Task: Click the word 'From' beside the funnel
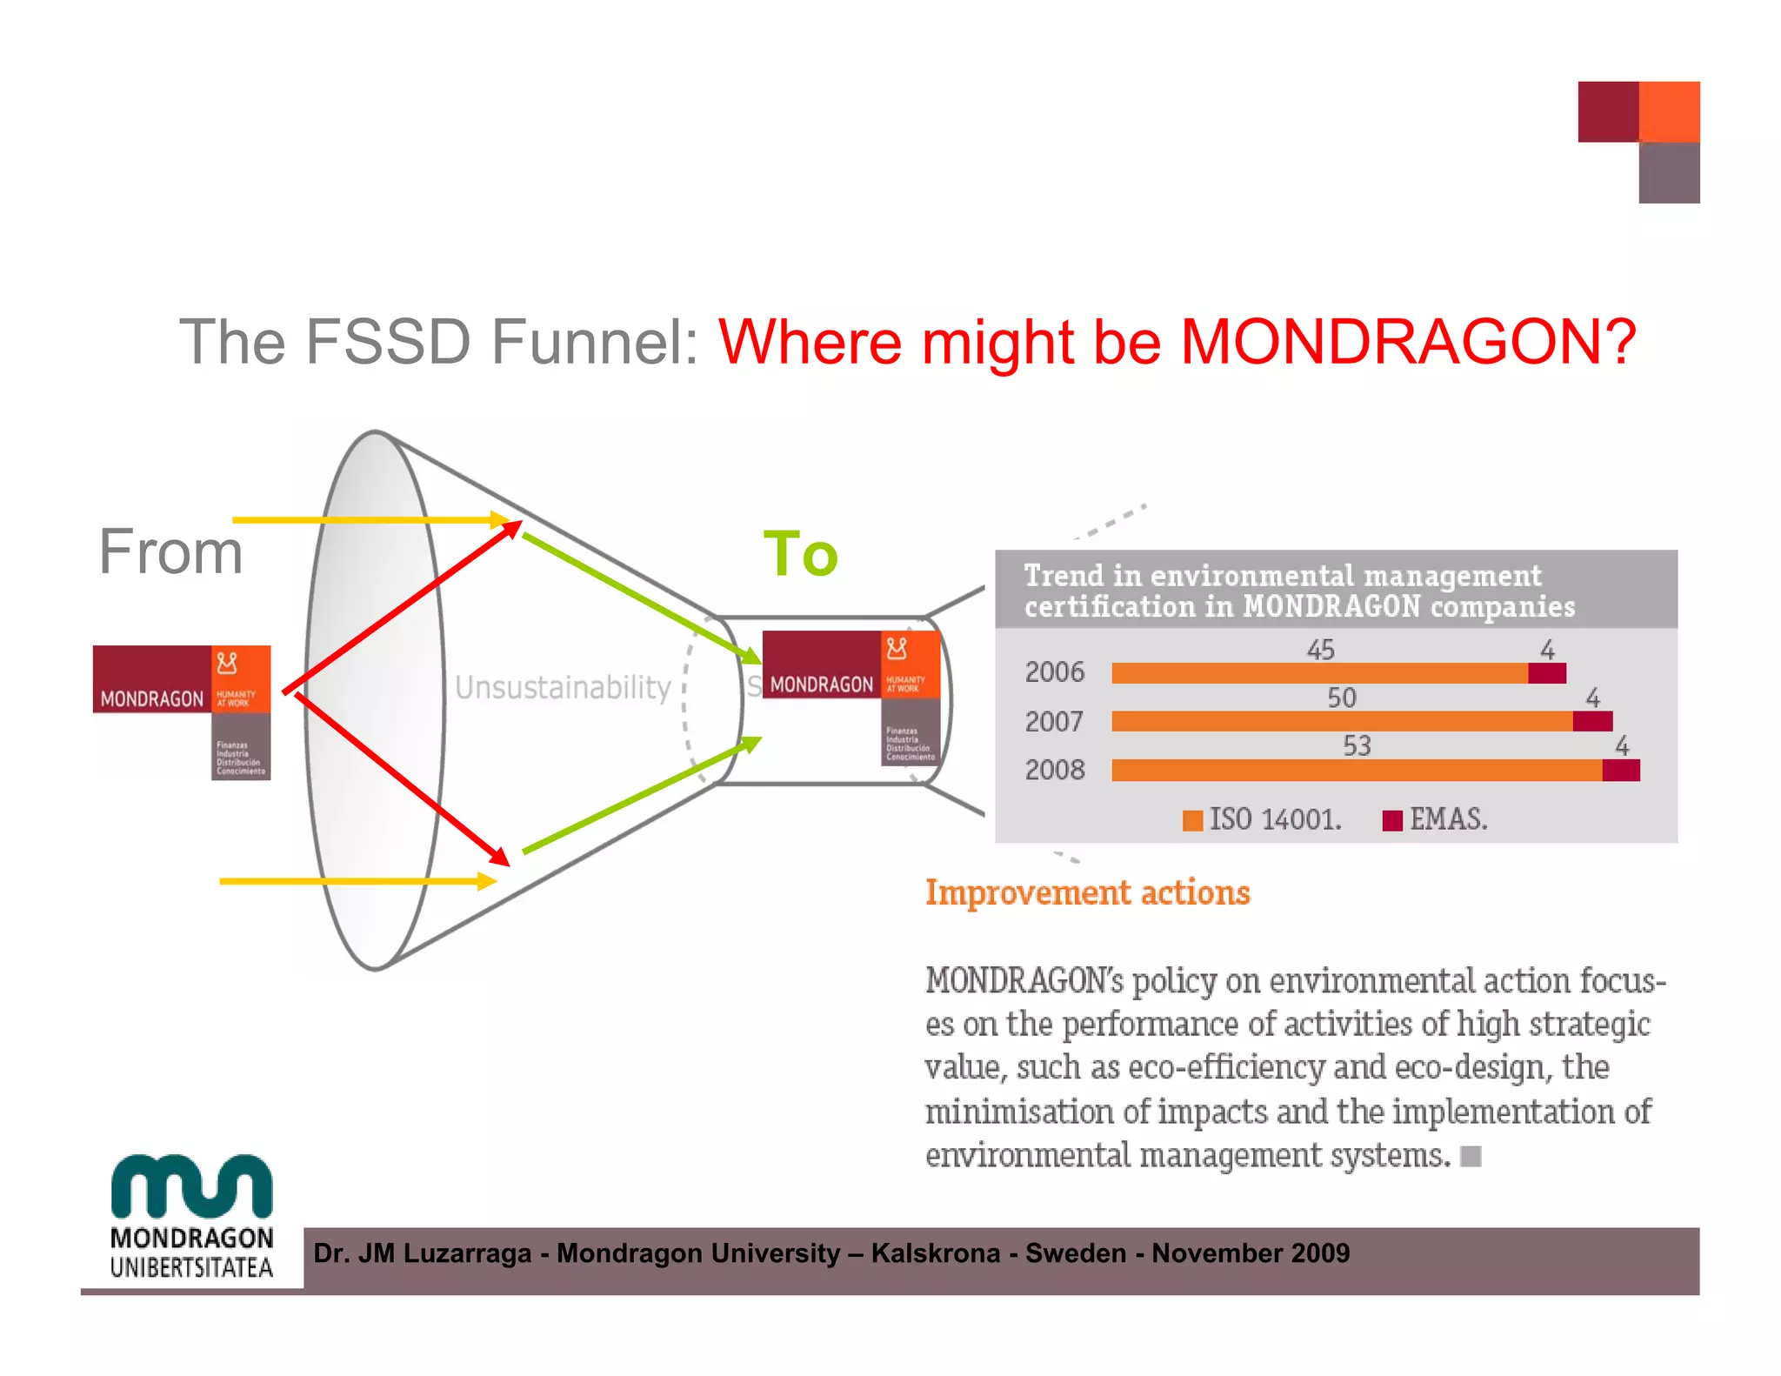[170, 551]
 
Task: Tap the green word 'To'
[800, 554]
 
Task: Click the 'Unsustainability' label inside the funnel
[563, 687]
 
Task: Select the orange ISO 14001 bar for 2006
[1318, 673]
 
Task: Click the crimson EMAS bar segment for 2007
[1592, 721]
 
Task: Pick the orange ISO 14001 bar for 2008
[1357, 770]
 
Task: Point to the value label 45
[1320, 650]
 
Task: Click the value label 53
[1357, 745]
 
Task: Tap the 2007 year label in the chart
[1054, 721]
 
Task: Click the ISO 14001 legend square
[1192, 820]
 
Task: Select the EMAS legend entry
[1435, 819]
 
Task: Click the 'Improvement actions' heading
[1087, 893]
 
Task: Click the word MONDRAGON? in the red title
[1408, 341]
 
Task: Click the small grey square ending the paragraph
[1471, 1156]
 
